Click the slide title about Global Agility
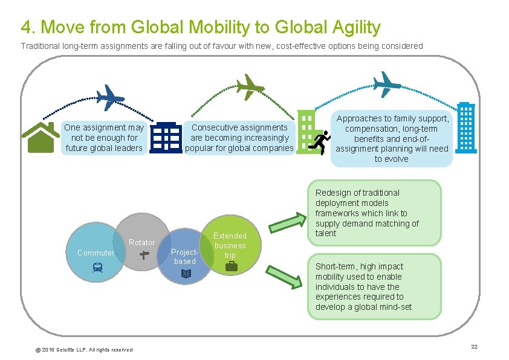click(201, 27)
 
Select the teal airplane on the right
click(386, 83)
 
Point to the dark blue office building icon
click(166, 138)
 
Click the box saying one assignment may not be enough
click(104, 138)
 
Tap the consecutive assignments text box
click(239, 138)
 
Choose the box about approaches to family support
click(392, 139)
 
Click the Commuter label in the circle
click(96, 252)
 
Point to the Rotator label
click(142, 242)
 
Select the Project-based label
click(185, 256)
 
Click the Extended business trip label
click(230, 245)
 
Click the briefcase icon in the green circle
click(231, 266)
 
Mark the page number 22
click(474, 346)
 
